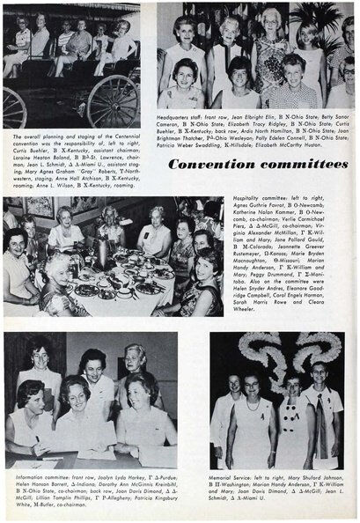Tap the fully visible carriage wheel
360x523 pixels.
tap(114, 99)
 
